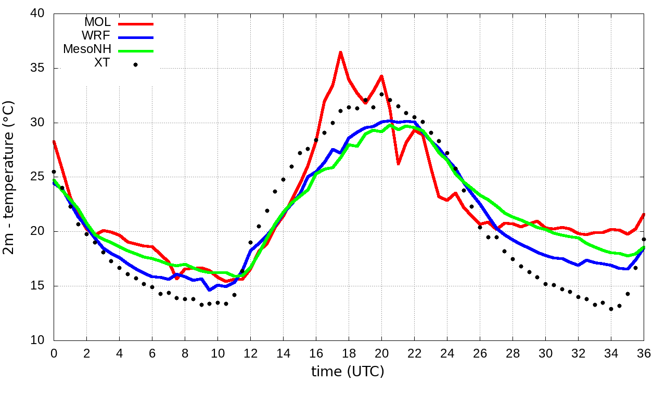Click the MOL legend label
click(97, 23)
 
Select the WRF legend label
click(97, 36)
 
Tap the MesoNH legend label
click(87, 50)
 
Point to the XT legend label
click(102, 63)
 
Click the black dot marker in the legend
click(135, 64)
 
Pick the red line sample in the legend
click(136, 24)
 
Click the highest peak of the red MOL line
click(340, 52)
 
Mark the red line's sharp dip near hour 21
click(398, 164)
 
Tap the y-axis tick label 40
click(37, 14)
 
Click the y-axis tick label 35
click(37, 68)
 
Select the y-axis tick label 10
click(37, 340)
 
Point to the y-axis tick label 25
click(37, 177)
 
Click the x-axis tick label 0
click(54, 353)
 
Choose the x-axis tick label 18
click(349, 353)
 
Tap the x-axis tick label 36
click(644, 353)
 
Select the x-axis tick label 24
click(447, 353)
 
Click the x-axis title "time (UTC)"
click(348, 372)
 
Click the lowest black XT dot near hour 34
click(611, 309)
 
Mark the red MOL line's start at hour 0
click(54, 141)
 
